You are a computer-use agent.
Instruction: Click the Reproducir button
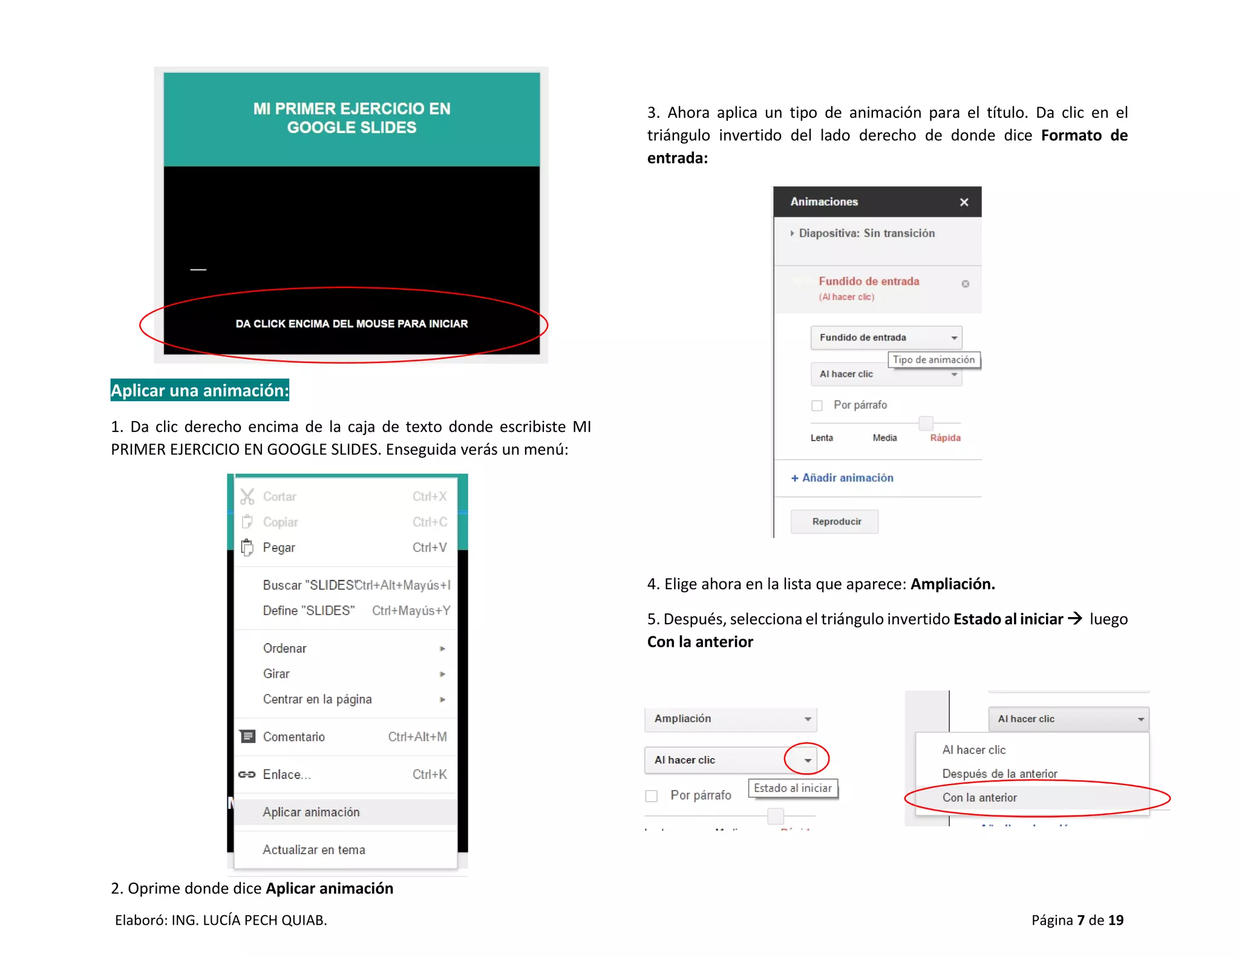(x=835, y=521)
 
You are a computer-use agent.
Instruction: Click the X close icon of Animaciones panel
(x=964, y=202)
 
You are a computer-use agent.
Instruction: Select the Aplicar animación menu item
(x=311, y=812)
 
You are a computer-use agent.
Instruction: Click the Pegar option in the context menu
(x=279, y=547)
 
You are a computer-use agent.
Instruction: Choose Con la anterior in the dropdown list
(x=979, y=797)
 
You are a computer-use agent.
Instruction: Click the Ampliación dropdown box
(x=730, y=719)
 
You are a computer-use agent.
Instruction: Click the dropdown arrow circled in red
(x=807, y=760)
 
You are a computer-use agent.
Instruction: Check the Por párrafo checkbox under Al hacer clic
(x=817, y=405)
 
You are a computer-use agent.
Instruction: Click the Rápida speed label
(x=945, y=437)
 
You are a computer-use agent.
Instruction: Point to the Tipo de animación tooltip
(x=933, y=360)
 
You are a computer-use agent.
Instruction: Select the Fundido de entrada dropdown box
(x=885, y=338)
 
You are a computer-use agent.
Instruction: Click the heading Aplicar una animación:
(x=200, y=390)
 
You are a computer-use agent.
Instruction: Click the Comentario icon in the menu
(x=247, y=736)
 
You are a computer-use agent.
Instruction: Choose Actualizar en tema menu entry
(x=313, y=850)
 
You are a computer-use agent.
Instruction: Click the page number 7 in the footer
(x=1080, y=920)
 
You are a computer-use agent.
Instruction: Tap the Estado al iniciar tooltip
(x=793, y=788)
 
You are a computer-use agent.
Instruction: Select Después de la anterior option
(x=999, y=774)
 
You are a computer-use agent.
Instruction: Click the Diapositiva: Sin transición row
(x=866, y=234)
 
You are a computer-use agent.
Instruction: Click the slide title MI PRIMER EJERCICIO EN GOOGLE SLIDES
(x=351, y=118)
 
